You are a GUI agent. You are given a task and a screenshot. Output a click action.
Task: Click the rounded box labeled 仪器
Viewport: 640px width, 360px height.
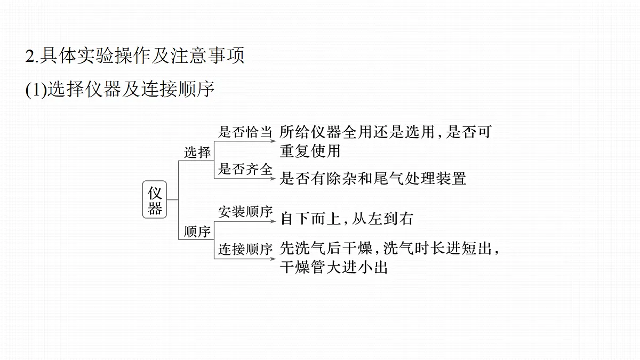pos(154,199)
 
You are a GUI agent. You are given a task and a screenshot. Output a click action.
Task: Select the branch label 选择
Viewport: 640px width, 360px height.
pos(197,152)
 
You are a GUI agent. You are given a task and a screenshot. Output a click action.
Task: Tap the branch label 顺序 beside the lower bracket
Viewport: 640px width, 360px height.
pos(197,231)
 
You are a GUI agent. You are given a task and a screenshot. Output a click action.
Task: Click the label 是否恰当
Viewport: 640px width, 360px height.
pos(245,132)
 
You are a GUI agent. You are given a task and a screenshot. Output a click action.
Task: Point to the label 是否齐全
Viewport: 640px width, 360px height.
pos(245,169)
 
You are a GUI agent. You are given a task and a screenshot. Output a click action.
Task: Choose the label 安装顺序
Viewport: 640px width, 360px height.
pos(245,212)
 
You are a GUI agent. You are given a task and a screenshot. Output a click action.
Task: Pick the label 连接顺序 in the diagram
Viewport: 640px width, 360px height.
pos(245,249)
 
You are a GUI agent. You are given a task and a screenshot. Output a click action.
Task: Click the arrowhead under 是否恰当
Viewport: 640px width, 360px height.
pos(273,141)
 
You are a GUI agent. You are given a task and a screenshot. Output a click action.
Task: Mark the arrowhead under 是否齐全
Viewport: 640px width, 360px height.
pos(273,179)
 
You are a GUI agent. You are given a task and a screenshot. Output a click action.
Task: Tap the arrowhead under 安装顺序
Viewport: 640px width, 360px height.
pos(273,221)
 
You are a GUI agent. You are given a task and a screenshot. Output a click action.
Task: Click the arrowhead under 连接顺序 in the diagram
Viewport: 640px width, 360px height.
pos(273,259)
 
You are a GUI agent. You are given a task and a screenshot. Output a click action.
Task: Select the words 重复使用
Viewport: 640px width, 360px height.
pos(310,151)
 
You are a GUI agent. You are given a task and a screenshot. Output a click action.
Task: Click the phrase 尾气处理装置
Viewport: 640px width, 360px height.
pos(420,179)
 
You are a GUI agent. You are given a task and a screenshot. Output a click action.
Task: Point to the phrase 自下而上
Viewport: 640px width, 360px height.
pos(310,219)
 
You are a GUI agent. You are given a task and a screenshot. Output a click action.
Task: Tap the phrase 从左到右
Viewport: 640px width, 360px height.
pos(382,219)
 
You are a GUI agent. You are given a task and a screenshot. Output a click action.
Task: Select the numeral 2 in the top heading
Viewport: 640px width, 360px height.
pos(30,56)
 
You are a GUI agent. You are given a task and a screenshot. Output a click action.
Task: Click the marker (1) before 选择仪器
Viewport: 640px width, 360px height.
pos(36,90)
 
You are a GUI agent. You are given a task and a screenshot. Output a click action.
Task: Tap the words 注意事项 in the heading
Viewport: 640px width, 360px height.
pos(207,55)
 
